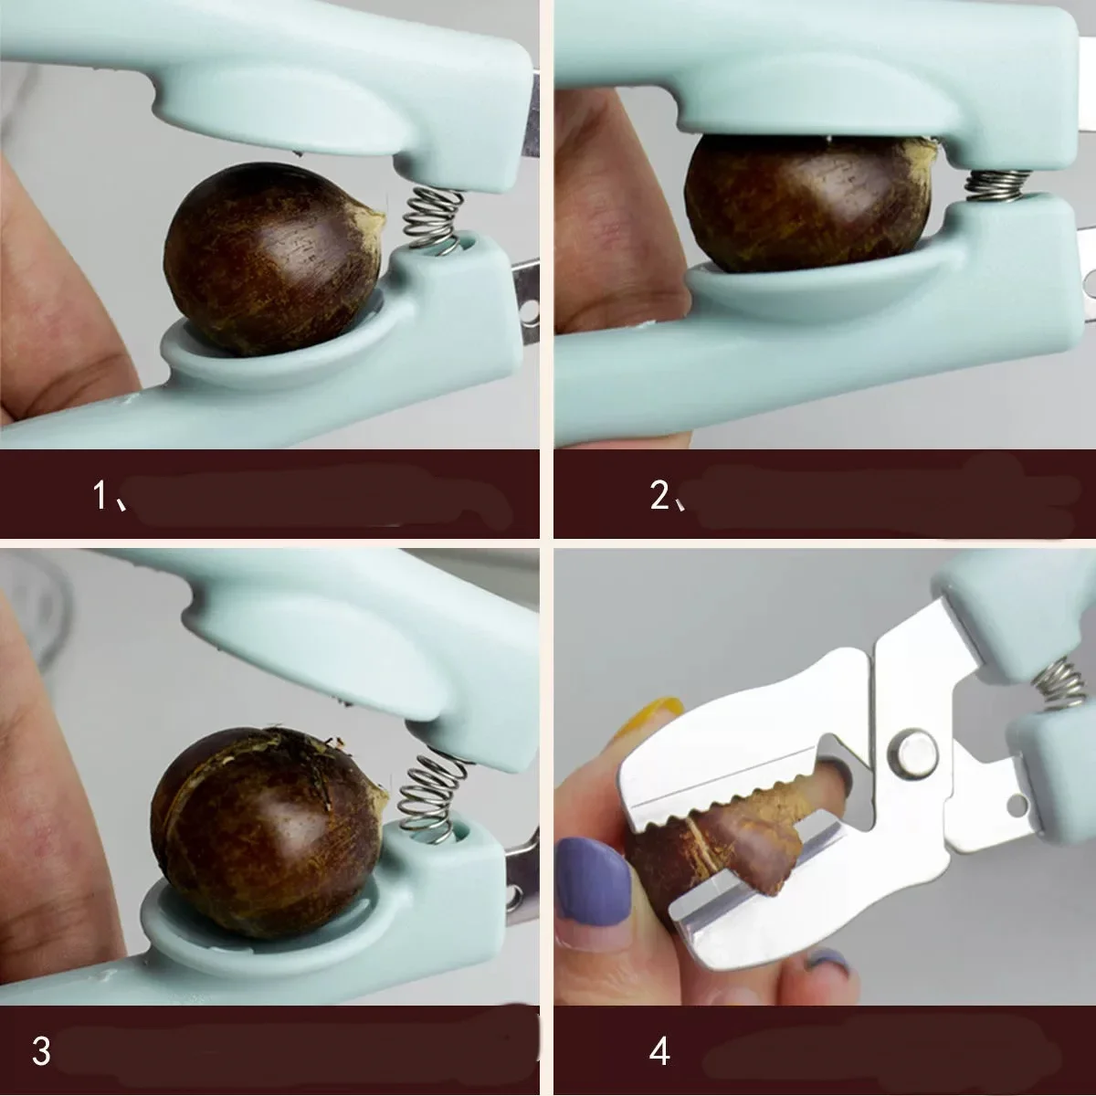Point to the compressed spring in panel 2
pos(994,185)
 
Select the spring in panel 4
pos(1059,682)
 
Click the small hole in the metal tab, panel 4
pos(1015,805)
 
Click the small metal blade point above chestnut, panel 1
pos(297,149)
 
